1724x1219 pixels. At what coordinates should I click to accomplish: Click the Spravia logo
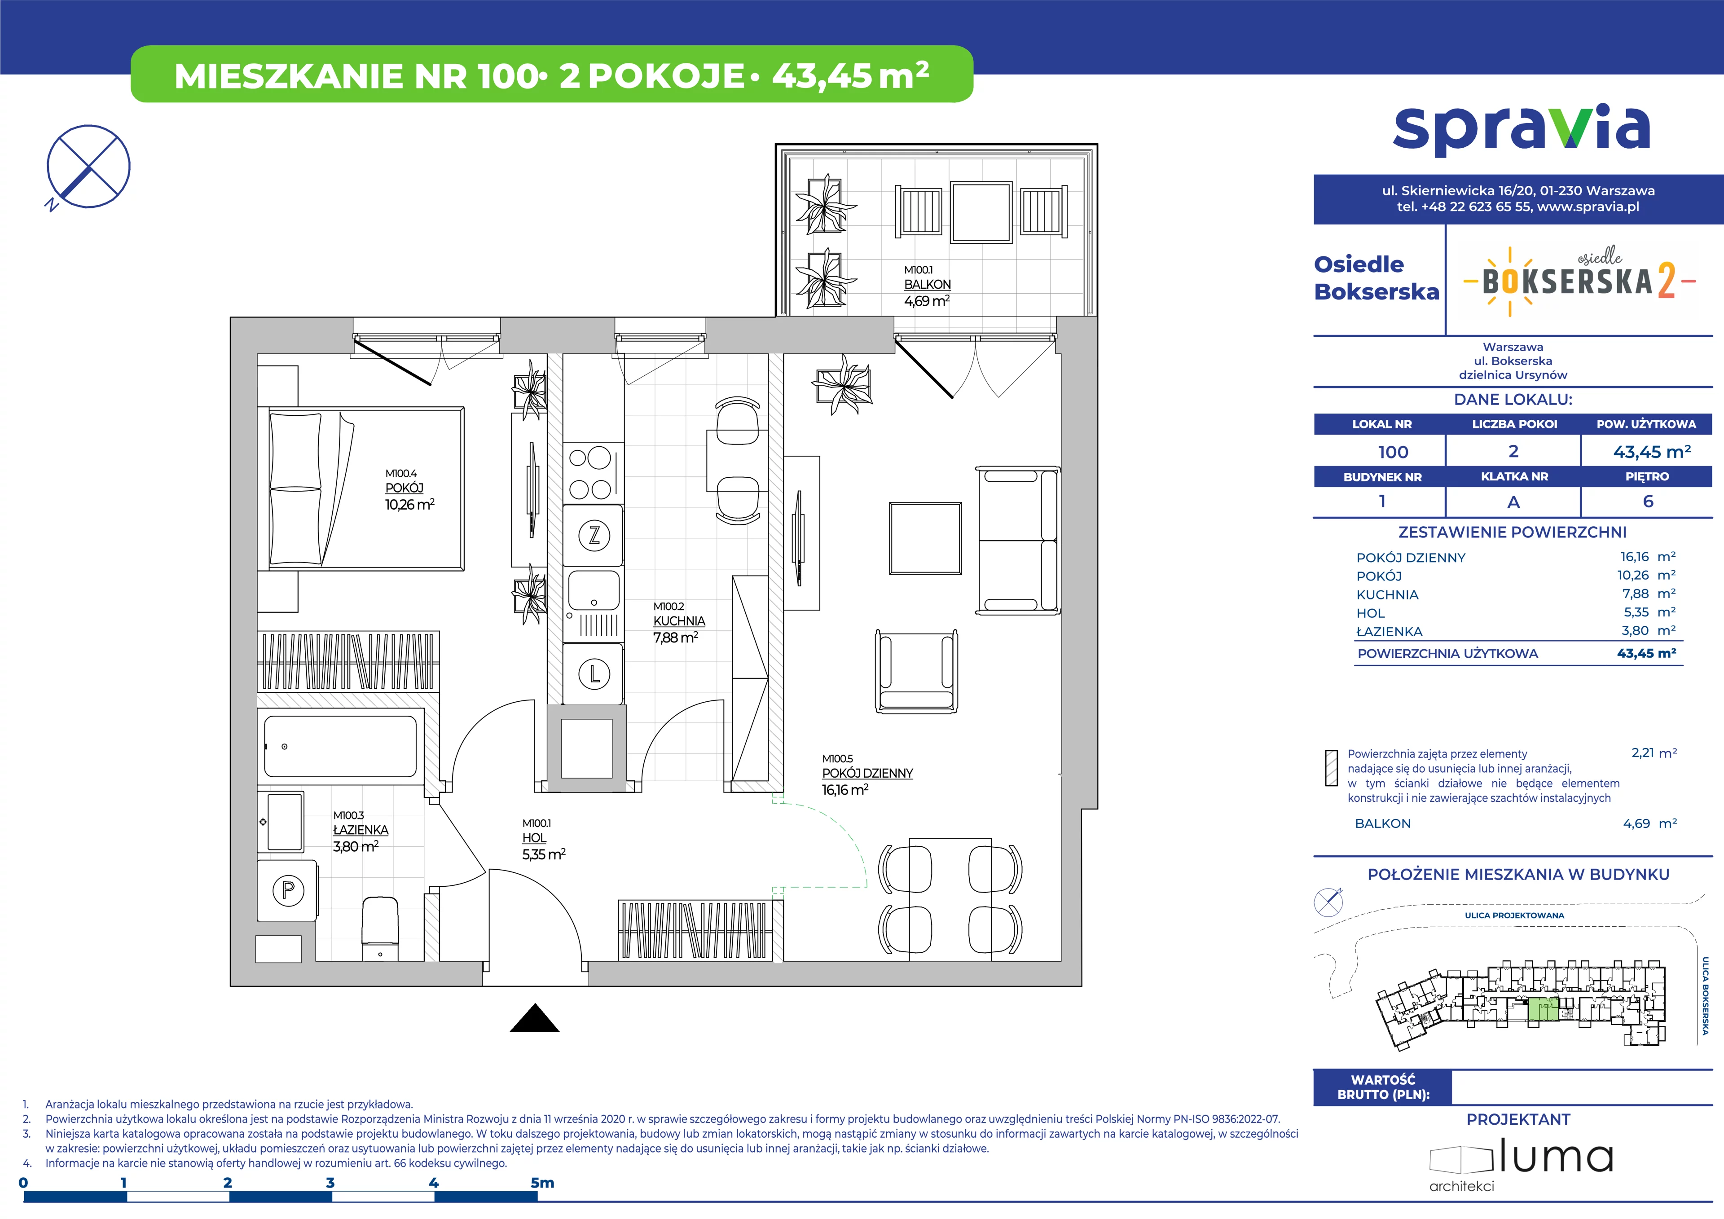(x=1521, y=132)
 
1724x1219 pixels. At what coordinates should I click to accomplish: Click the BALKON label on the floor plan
(x=928, y=285)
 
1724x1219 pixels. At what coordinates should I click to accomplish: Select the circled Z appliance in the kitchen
(x=594, y=536)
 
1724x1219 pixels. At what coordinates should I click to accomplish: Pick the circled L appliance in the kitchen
(x=594, y=674)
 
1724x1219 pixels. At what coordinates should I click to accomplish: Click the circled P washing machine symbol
(x=288, y=891)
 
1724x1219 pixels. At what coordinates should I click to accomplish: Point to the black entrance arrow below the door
(x=535, y=1018)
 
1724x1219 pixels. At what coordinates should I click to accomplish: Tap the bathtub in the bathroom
(x=340, y=746)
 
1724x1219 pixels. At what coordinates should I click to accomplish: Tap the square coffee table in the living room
(x=925, y=538)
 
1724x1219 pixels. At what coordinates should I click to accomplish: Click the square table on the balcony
(x=980, y=212)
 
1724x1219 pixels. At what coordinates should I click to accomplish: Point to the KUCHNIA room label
(x=679, y=621)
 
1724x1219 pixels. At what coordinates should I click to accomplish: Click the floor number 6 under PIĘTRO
(x=1648, y=502)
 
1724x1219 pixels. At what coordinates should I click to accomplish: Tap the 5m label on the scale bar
(x=542, y=1183)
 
